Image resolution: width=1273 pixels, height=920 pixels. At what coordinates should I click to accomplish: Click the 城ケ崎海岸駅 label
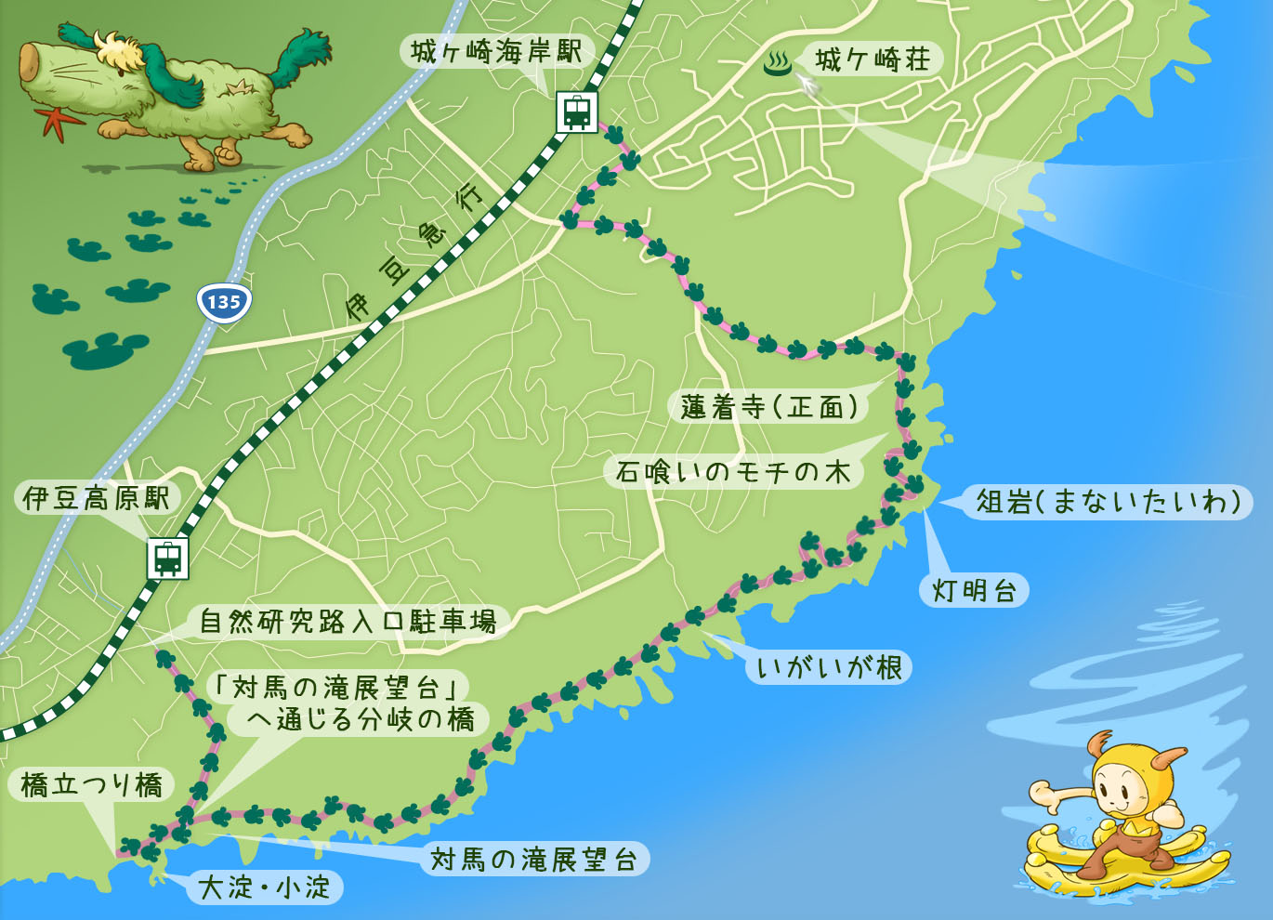pos(496,52)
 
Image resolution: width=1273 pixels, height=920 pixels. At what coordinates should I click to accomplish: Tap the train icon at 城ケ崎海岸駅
pos(576,112)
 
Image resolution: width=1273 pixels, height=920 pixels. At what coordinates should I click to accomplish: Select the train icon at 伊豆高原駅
pos(167,559)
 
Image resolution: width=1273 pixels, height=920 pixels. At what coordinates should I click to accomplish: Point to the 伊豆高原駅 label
pos(97,499)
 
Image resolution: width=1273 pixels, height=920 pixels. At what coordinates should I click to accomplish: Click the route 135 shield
pos(224,302)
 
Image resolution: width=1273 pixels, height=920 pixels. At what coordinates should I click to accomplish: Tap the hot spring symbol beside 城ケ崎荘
pos(777,63)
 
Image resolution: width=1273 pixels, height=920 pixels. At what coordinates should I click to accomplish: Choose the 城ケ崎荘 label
pos(873,60)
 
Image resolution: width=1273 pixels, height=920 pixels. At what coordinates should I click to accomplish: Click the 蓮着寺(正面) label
pos(769,407)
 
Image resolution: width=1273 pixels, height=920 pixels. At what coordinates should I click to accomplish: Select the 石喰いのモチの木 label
pos(733,472)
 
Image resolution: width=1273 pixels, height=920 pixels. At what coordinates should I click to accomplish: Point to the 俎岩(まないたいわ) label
pos(1109,502)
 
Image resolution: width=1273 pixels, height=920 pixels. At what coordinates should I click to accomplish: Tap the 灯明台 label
pos(974,590)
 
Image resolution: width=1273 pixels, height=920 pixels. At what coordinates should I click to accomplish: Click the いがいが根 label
pos(829,667)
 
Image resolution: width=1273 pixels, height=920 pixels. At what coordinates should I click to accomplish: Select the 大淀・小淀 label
pos(265,887)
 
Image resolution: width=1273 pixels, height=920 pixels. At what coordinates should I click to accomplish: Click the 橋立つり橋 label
pos(91,786)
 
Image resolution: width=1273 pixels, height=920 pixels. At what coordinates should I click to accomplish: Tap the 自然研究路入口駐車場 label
pos(348,621)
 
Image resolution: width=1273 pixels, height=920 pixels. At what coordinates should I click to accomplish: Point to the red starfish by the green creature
pos(52,122)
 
